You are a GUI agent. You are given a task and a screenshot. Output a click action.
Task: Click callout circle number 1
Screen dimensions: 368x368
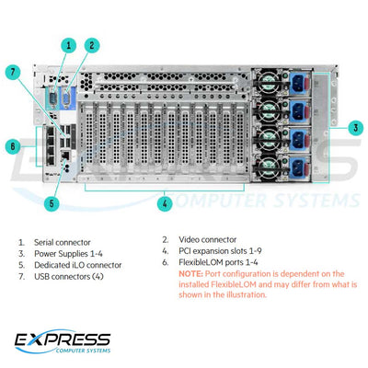tap(67, 43)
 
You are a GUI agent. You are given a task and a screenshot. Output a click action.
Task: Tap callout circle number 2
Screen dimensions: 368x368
tap(92, 43)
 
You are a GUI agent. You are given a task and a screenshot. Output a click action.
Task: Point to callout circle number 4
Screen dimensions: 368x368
tap(164, 202)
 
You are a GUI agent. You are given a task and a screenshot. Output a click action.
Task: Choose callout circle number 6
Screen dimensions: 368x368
tap(12, 145)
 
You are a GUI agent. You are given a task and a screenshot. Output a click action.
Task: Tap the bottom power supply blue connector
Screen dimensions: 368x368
tap(303, 170)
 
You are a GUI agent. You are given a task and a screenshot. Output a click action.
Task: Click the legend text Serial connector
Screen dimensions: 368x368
tap(62, 242)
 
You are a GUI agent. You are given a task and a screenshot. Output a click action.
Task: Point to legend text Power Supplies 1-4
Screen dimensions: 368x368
tap(67, 253)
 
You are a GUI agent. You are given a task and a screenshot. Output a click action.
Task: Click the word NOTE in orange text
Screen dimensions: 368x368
tap(190, 274)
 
